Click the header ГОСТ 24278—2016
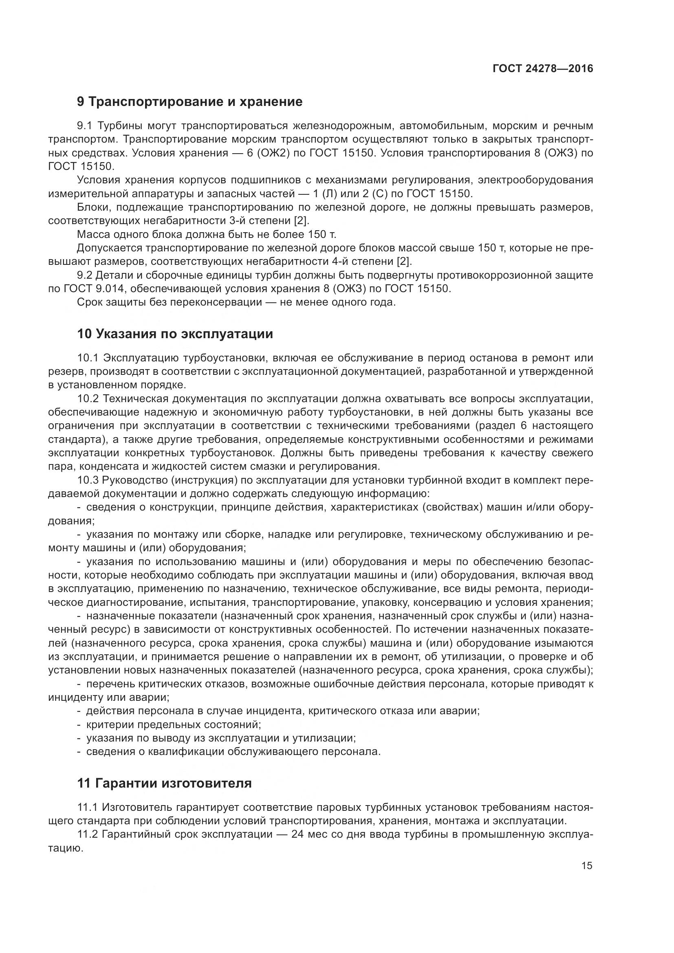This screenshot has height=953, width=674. point(542,68)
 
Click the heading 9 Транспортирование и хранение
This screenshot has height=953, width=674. point(189,102)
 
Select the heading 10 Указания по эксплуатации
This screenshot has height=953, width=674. point(175,334)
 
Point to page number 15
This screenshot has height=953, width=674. point(587,865)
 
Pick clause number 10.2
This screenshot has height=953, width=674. point(88,399)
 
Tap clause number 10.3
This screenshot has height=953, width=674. point(88,480)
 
